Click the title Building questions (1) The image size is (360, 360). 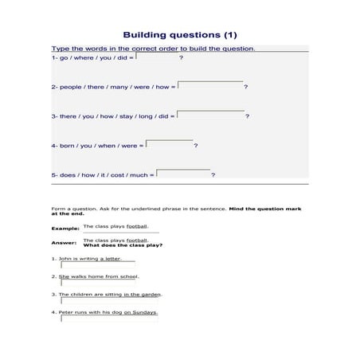tap(179, 35)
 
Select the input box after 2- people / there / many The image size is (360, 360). tap(210, 85)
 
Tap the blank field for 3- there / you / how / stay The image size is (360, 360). tap(211, 115)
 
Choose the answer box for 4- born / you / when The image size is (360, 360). tap(170, 144)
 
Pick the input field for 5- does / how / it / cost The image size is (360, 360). tap(183, 174)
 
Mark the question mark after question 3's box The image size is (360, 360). tap(248, 116)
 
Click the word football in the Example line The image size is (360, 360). tap(137, 226)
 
